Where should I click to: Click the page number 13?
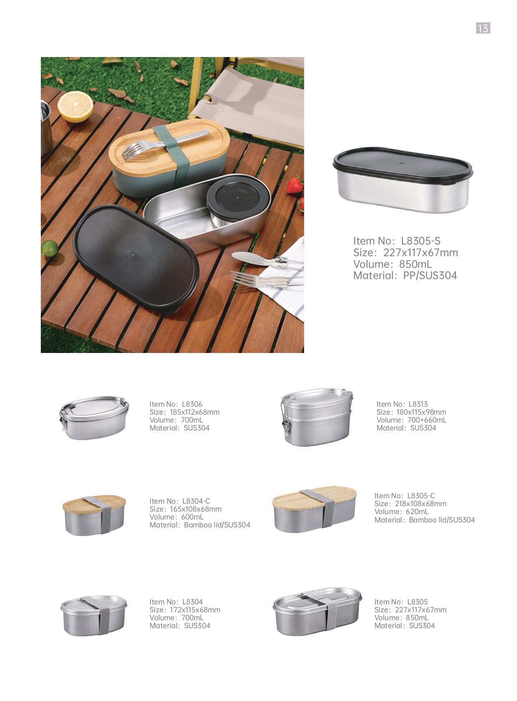[483, 28]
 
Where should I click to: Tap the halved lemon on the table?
[75, 107]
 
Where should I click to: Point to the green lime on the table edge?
[50, 248]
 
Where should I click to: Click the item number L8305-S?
[420, 241]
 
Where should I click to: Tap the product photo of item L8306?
[94, 418]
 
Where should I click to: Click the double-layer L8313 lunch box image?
[317, 417]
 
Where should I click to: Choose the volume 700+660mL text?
[427, 420]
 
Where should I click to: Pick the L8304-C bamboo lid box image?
[94, 515]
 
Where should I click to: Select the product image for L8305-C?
[315, 510]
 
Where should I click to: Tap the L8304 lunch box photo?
[94, 615]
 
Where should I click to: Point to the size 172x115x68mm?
[195, 610]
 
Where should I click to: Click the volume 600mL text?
[192, 517]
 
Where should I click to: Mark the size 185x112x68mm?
[195, 412]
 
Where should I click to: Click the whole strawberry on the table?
[295, 185]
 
